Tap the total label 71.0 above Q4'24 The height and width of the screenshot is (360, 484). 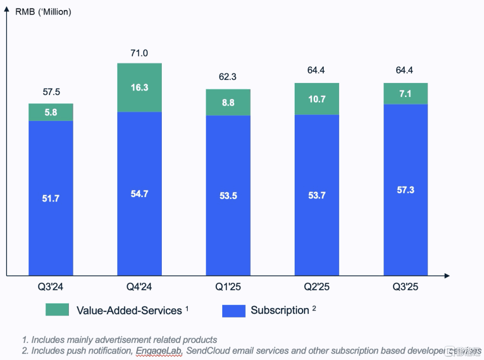point(139,53)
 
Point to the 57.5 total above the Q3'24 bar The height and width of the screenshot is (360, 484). point(51,92)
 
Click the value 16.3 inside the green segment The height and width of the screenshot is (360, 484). point(139,87)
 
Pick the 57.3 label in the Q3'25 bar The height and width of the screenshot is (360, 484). point(406,190)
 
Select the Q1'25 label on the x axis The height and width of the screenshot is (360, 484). point(228,287)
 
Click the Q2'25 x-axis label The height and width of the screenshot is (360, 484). point(317,287)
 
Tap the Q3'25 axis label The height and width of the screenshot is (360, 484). point(406,287)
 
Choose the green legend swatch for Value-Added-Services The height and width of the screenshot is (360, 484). point(57,310)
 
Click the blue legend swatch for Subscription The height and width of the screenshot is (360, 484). point(233,310)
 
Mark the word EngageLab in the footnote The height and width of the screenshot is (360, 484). point(159,351)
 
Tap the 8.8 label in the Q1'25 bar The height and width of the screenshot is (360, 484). point(228,103)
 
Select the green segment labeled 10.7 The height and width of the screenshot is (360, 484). point(317,99)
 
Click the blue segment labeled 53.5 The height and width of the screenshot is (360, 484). point(228,195)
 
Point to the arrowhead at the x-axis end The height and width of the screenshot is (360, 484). point(447,275)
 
